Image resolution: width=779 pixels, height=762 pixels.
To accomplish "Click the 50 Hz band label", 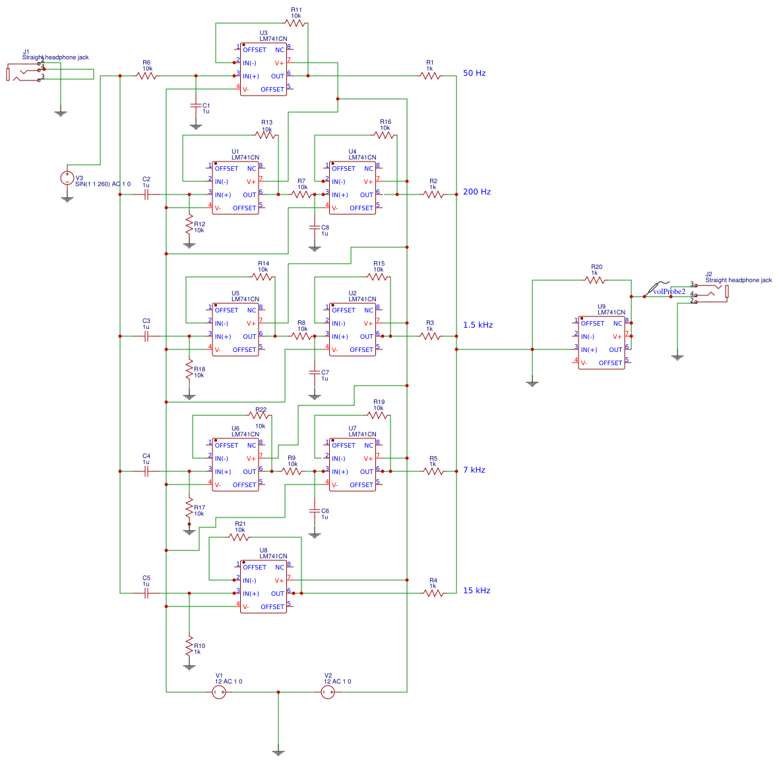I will coord(474,73).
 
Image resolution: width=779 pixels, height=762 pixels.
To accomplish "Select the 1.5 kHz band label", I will coord(478,325).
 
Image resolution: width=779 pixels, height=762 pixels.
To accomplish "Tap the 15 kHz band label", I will coord(476,591).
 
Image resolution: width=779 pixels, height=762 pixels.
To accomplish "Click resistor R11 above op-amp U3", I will coord(296,23).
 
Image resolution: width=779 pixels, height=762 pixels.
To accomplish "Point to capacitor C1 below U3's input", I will coord(195,105).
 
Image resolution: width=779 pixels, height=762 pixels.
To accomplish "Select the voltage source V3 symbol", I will coord(67,178).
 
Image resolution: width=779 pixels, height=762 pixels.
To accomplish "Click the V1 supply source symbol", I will coord(219,692).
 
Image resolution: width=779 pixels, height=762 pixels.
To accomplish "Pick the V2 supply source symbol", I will coord(328,692).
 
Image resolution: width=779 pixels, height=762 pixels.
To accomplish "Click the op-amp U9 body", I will coord(601,343).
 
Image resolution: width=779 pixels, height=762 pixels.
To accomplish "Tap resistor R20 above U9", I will coord(595,280).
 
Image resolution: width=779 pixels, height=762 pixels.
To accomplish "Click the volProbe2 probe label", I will coord(668,291).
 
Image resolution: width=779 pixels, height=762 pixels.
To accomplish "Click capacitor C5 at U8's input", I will coord(146,593).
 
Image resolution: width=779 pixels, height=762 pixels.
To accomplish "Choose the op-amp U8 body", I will coord(263,587).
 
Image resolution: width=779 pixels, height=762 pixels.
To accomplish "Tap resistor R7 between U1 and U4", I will coord(301,194).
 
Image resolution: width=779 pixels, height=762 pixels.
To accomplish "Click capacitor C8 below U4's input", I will coord(315,227).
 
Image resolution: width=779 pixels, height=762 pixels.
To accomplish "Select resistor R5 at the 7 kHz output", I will coord(433,471).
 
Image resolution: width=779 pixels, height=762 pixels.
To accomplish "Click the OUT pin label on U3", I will coord(278,76).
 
